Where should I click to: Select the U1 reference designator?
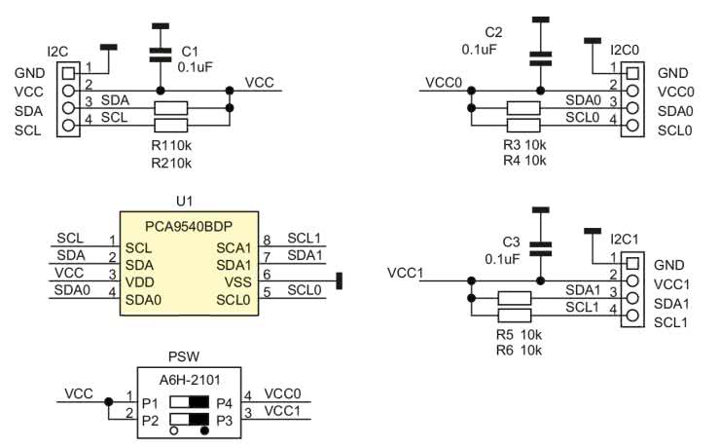185,201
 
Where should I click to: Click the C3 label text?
512,242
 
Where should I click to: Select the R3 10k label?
524,144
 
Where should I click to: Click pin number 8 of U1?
267,239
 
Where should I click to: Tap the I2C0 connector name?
626,49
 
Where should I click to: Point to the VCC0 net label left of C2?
442,83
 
